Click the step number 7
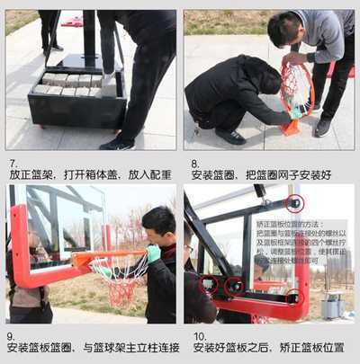13,164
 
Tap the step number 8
194,164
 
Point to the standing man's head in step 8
283,30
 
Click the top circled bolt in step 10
294,203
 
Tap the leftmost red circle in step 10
209,286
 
